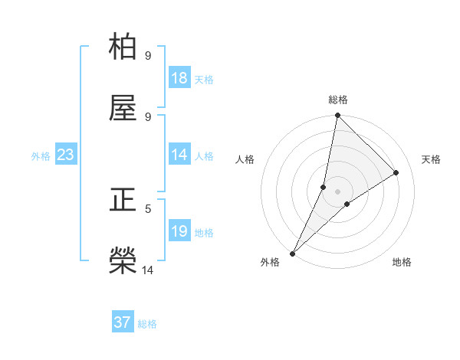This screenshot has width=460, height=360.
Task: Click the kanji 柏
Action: pos(123,47)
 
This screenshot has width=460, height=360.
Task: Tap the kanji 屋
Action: pos(123,109)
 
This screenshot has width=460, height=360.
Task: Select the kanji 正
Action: pos(123,201)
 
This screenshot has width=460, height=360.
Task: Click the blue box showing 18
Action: pos(179,78)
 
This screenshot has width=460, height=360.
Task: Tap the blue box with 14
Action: pos(179,155)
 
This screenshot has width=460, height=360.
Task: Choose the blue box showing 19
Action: pos(179,231)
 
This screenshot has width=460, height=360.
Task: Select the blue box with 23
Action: pos(66,155)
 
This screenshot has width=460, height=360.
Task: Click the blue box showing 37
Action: pos(123,322)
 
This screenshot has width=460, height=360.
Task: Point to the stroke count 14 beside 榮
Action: pos(148,270)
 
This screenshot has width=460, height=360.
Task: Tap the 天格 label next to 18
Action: pos(204,79)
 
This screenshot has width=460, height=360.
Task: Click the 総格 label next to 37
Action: pos(147,324)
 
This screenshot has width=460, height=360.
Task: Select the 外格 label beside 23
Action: pos(41,156)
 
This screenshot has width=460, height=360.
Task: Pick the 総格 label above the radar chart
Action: pos(338,100)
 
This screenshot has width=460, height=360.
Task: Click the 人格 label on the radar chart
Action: pos(245,159)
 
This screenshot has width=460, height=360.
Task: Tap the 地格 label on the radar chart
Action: pos(402,262)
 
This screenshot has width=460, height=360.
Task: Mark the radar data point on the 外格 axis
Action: pos(292,253)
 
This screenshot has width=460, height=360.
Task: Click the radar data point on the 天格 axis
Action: pos(396,172)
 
